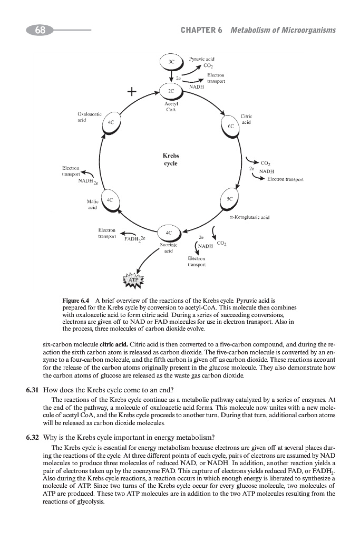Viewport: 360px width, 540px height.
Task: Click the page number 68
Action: tap(40, 31)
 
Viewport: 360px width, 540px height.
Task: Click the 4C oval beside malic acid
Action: tap(110, 200)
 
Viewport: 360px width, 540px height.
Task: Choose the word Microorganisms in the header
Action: tap(306, 30)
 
